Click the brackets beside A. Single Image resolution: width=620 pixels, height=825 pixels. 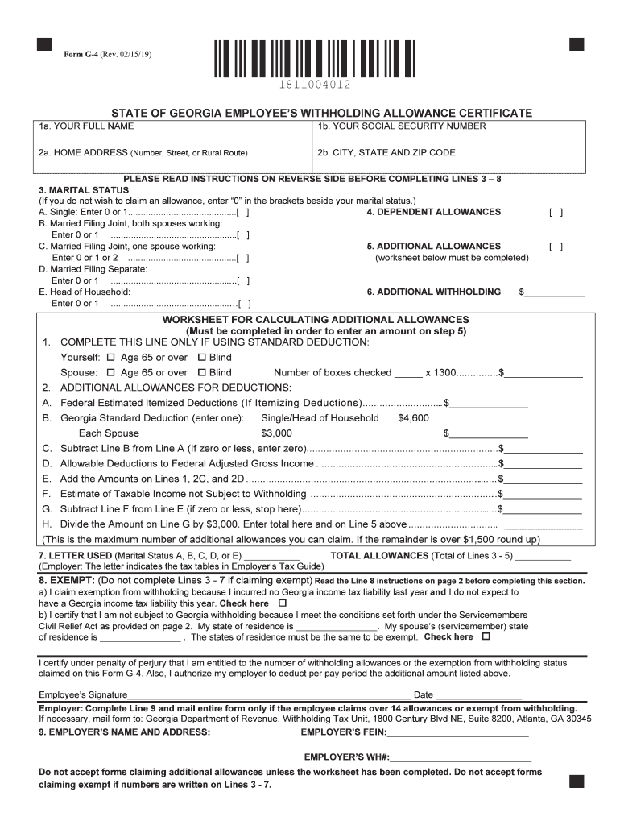tap(242, 212)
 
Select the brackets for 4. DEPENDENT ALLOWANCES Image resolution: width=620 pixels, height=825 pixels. tap(556, 212)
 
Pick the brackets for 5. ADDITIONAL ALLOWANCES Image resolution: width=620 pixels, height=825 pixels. tap(556, 247)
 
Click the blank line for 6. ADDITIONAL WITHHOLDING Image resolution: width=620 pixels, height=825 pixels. tap(555, 292)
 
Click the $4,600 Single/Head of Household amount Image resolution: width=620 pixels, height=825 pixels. tap(413, 418)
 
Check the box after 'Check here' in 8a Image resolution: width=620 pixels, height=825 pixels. tap(282, 603)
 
